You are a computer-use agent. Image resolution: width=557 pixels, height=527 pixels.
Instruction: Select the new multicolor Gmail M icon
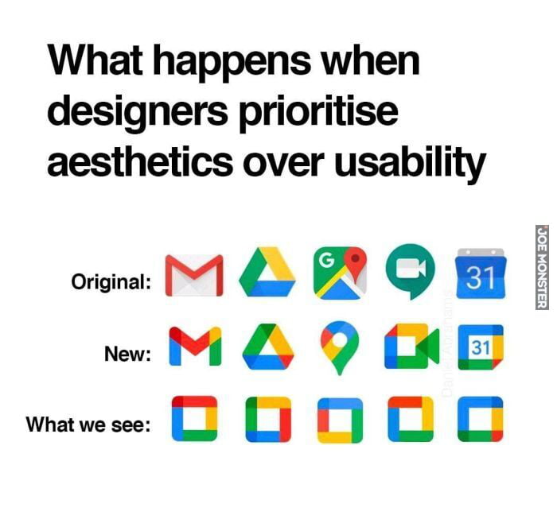coord(195,347)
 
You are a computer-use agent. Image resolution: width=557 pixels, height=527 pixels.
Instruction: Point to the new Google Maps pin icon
coord(337,348)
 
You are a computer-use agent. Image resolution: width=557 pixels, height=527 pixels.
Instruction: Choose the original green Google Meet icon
coord(410,274)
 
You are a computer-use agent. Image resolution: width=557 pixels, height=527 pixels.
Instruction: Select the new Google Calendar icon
coord(480,347)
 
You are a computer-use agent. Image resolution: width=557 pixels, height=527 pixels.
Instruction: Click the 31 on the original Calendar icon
coord(480,279)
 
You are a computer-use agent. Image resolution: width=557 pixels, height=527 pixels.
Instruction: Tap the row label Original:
coord(111,281)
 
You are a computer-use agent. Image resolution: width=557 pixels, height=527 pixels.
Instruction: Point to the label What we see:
coord(89,424)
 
